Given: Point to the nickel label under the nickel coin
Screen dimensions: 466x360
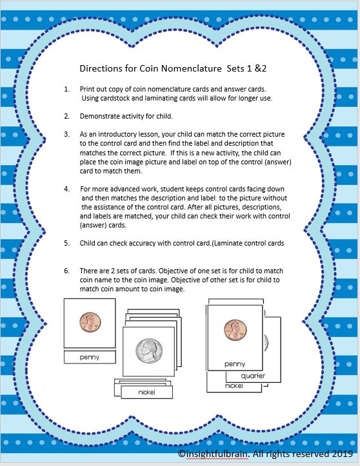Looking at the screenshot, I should coord(146,392).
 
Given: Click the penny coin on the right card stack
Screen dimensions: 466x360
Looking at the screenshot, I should coord(235,330).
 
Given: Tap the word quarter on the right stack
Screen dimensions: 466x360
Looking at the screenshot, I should coord(253,375).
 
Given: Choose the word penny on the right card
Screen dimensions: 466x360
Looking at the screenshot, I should coord(235,364).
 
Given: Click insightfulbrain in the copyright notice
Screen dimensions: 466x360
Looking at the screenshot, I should coord(219,454).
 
